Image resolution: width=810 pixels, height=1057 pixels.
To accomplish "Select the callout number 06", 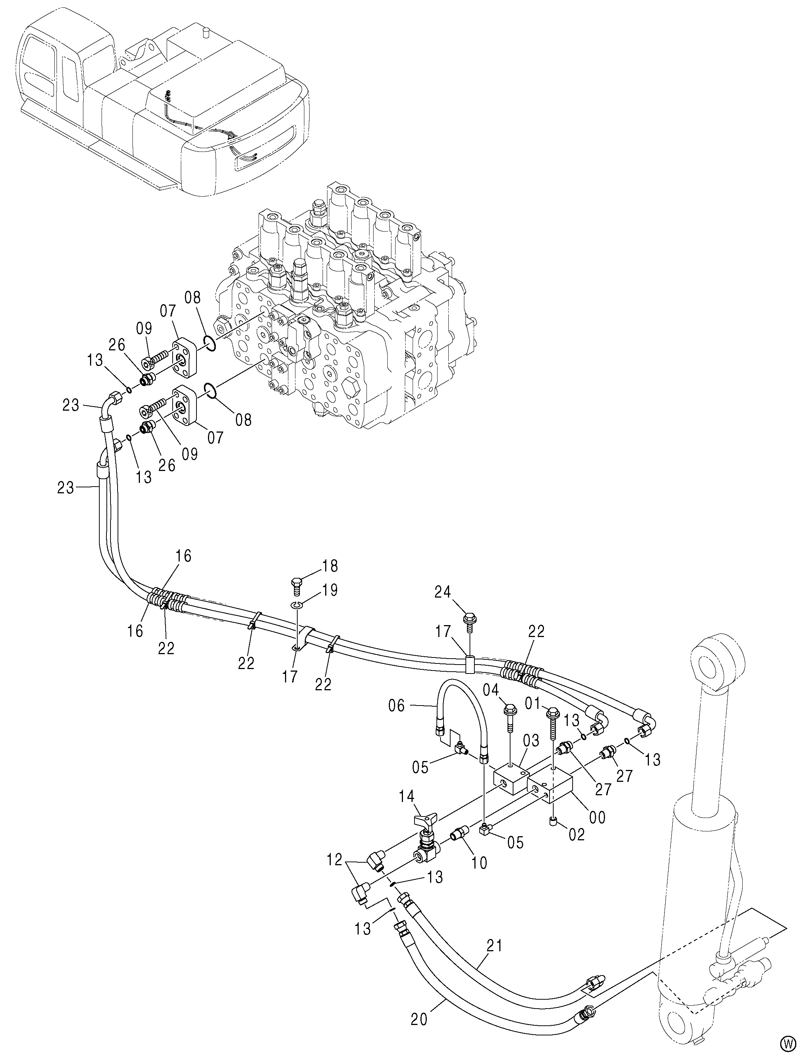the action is click(398, 707).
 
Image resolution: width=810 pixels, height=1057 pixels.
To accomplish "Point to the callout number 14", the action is click(407, 796).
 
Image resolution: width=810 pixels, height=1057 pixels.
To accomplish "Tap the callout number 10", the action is click(479, 863).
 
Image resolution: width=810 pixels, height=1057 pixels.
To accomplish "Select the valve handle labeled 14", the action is click(425, 819).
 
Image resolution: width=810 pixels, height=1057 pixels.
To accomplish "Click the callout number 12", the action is click(335, 860).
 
